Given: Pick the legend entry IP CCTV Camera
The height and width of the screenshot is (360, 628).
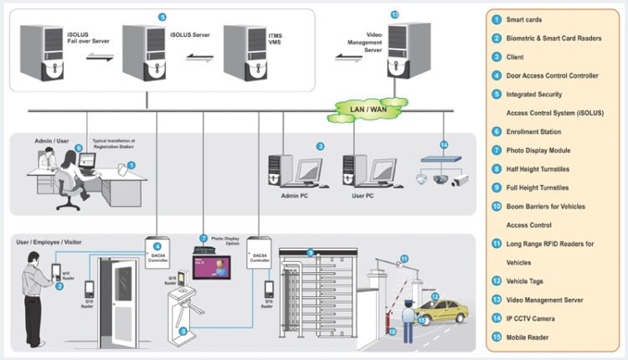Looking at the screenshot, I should [x=531, y=317].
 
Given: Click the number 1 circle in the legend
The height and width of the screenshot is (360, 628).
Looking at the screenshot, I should [x=497, y=19].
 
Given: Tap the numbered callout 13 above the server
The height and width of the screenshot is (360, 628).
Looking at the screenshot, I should [x=395, y=14].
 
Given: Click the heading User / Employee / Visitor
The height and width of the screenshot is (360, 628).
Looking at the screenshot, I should [x=49, y=242].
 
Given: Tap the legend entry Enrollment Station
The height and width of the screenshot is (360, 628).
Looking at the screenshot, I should [x=537, y=131].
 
